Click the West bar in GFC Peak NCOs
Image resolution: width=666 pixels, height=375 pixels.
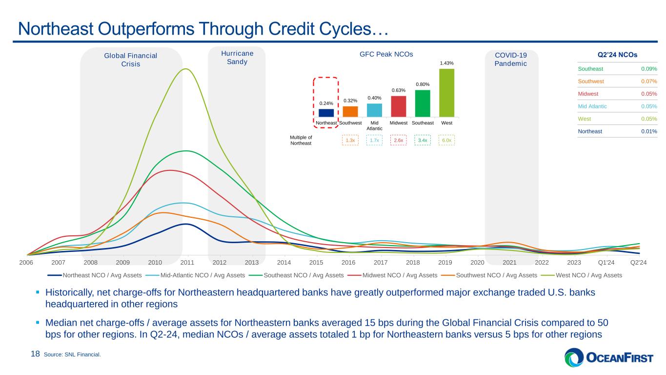point(446,93)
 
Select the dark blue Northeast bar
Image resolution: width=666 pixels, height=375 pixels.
point(326,113)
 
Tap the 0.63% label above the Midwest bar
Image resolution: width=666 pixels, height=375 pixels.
point(399,90)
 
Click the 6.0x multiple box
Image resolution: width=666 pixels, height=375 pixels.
point(446,141)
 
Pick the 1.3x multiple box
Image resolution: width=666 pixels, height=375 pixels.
point(350,141)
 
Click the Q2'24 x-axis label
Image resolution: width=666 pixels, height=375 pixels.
point(639,262)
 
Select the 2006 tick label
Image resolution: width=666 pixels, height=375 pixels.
point(26,262)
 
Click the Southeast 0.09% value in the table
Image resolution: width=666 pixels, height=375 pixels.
point(649,69)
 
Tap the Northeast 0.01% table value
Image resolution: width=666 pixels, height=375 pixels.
point(649,131)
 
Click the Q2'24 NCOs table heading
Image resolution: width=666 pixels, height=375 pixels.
point(617,55)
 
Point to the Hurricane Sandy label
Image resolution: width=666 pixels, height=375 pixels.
point(237,58)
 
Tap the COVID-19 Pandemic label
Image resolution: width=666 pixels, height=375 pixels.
point(510,60)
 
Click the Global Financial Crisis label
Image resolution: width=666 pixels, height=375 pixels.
point(130,60)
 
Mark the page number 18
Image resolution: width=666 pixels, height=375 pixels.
point(35,354)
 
